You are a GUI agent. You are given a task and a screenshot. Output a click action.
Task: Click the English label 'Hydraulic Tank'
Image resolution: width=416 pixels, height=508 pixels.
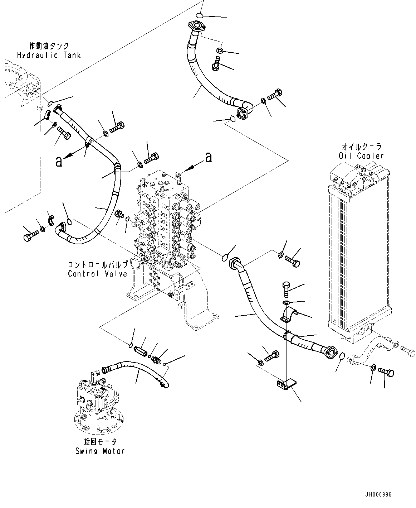49,55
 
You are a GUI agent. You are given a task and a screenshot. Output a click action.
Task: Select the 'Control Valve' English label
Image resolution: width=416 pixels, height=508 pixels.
98,274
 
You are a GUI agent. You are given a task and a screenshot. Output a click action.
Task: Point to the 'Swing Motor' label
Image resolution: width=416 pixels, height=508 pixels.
100,451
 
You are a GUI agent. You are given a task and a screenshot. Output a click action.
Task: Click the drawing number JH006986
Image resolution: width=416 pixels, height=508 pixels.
378,494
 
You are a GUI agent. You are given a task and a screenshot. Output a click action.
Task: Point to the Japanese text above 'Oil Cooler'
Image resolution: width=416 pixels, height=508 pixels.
361,147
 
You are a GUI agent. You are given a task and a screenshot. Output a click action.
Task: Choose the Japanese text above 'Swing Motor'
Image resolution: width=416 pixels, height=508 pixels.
100,442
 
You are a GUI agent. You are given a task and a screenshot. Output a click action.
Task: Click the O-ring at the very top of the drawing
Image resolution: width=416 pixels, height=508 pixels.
200,15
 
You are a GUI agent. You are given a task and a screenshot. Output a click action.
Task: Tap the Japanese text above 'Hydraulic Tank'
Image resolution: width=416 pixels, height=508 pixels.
49,46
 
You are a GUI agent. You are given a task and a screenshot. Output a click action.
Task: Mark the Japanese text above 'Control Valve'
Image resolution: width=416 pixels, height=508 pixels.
97,265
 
